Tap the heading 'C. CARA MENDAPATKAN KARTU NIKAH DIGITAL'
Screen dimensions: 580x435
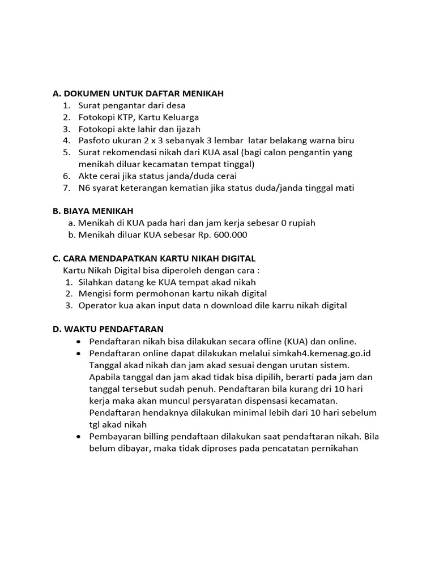pyautogui.click(x=154, y=258)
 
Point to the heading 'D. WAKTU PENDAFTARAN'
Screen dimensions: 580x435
pyautogui.click(x=108, y=329)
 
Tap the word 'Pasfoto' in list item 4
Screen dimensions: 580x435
pyautogui.click(x=94, y=140)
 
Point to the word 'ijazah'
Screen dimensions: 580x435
pyautogui.click(x=186, y=129)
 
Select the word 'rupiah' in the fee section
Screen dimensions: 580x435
pyautogui.click(x=301, y=223)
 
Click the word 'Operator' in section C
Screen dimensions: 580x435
pyautogui.click(x=97, y=305)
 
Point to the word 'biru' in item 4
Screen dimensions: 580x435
pyautogui.click(x=345, y=140)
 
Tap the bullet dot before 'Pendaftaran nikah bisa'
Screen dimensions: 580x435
pyautogui.click(x=79, y=342)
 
